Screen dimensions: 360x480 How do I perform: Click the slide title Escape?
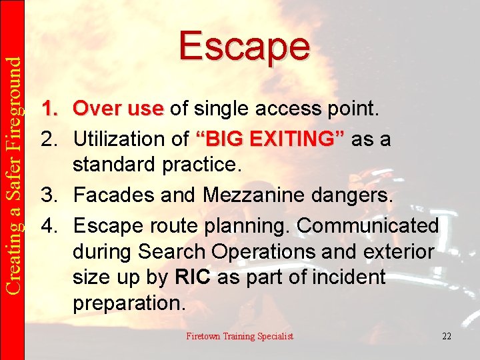pos(244,46)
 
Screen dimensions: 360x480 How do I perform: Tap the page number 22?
pos(446,336)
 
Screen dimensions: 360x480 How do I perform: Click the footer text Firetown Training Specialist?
pos(239,336)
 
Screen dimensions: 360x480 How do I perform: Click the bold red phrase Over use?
pos(118,108)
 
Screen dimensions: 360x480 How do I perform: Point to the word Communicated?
pos(367,225)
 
